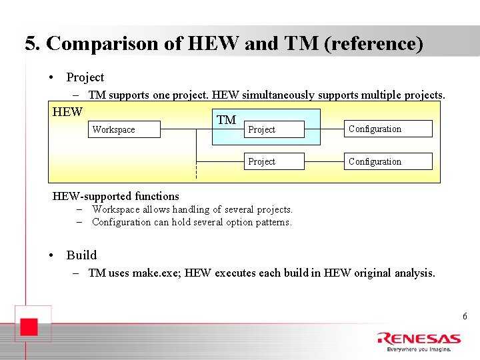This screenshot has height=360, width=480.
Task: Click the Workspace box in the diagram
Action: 125,129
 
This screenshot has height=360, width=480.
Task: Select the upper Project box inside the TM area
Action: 275,129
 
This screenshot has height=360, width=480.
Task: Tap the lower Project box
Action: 275,161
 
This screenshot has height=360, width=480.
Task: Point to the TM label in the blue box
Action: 227,120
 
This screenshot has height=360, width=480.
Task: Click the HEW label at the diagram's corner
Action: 67,112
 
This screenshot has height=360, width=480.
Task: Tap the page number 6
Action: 465,316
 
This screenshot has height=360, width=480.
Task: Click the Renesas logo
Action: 418,339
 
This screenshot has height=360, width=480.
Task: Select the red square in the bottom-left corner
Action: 27,327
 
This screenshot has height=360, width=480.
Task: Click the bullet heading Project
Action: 85,77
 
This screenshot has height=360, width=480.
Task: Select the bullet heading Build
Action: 81,255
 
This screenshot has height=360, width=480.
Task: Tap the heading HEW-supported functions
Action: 116,196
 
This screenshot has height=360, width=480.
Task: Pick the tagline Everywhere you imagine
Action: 419,349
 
